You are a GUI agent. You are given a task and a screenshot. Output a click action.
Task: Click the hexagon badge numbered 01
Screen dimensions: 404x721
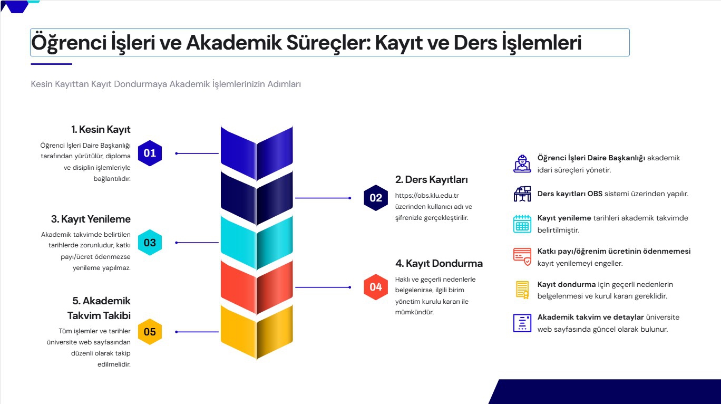[150, 153]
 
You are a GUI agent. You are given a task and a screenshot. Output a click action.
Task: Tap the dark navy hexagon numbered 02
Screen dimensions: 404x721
[376, 198]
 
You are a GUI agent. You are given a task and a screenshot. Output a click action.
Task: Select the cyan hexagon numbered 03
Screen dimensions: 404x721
[150, 243]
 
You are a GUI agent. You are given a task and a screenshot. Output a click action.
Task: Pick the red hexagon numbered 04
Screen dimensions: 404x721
[376, 287]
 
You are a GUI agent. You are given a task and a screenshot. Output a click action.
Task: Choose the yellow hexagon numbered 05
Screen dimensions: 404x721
[150, 332]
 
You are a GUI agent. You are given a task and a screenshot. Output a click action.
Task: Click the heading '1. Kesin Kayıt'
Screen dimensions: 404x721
[101, 129]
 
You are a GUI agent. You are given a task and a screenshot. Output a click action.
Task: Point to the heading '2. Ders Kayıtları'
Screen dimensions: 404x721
[431, 180]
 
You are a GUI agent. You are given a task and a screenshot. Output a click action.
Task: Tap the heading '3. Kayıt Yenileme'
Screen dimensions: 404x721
[91, 219]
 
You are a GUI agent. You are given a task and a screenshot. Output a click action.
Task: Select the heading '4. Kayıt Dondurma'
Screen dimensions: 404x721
[439, 263]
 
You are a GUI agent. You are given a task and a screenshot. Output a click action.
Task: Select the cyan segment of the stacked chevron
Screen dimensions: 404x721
[257, 243]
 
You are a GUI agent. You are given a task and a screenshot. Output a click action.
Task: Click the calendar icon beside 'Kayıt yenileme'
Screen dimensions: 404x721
[522, 224]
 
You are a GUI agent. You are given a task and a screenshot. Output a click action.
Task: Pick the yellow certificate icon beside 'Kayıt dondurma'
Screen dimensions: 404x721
[522, 290]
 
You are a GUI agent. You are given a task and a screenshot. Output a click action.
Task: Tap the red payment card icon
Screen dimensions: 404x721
[522, 256]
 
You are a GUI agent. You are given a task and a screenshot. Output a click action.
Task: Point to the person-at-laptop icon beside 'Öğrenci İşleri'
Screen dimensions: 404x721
[522, 163]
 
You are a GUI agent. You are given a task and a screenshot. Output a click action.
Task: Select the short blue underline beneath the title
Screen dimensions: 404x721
[51, 64]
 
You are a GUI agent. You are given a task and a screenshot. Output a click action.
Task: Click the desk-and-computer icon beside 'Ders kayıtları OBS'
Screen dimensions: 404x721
[522, 194]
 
